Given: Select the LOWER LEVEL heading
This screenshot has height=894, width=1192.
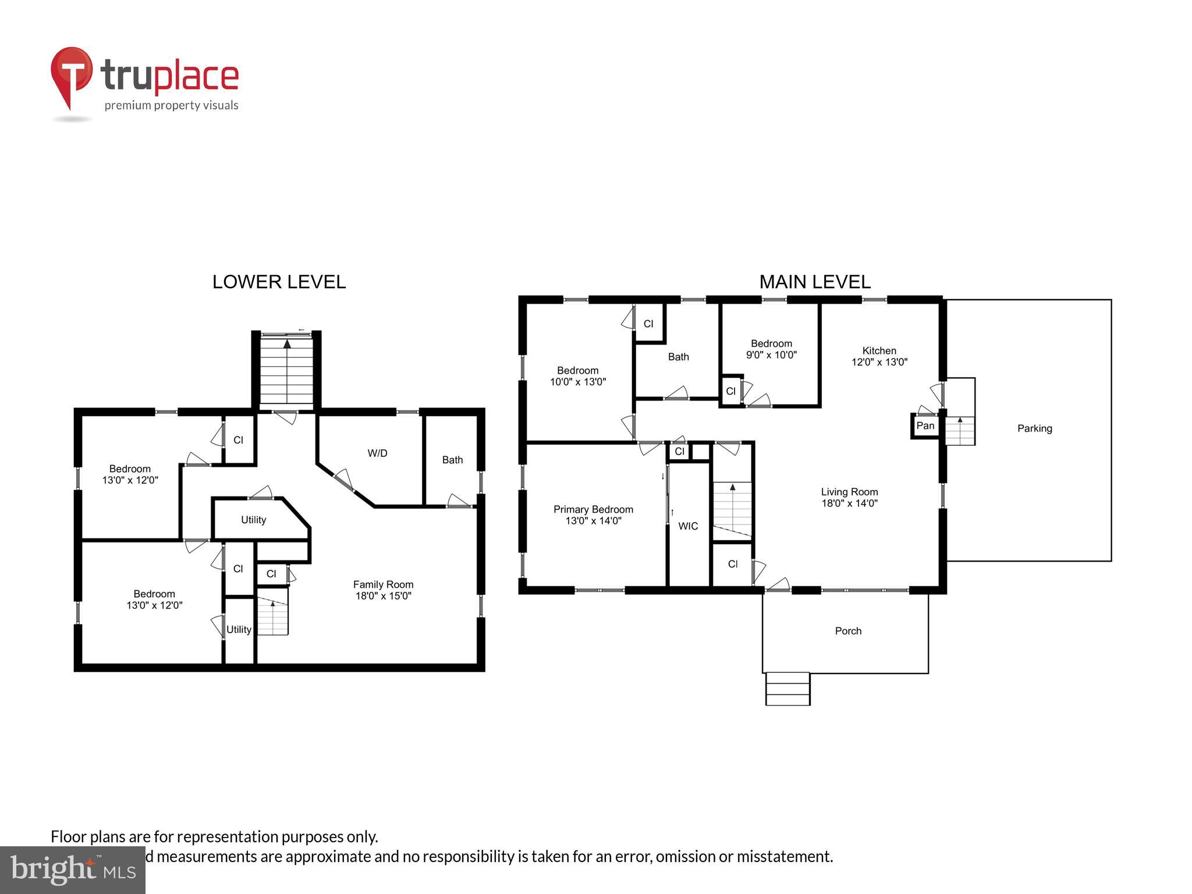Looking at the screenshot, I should [279, 282].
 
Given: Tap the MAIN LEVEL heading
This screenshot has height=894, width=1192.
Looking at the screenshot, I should [814, 282].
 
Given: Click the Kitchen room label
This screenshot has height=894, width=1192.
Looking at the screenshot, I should [879, 356].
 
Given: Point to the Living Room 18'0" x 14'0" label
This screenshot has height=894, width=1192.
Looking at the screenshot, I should [849, 498].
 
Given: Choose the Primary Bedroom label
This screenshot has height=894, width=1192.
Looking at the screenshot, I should [593, 515].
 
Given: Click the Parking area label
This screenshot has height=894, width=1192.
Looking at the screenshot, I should [1034, 428].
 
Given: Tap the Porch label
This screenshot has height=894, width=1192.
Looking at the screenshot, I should [848, 631].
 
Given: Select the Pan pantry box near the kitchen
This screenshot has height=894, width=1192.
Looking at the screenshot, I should [925, 425].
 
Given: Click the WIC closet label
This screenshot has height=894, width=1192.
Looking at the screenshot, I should [688, 526].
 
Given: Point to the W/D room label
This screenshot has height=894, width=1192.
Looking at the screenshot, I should [377, 453].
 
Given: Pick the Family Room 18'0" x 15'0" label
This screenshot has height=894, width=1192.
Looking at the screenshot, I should [383, 590].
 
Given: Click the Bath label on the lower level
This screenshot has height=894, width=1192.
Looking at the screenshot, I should [452, 460].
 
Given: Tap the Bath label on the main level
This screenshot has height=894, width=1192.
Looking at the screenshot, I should [678, 357].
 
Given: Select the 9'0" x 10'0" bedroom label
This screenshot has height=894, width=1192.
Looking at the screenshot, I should [771, 349].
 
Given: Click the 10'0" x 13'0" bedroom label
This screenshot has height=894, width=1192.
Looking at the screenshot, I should [577, 376].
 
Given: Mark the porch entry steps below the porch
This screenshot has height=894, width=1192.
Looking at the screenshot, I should [787, 689].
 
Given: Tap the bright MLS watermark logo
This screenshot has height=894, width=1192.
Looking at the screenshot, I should [73, 870].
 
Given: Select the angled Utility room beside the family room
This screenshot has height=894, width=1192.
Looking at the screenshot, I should [254, 520].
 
